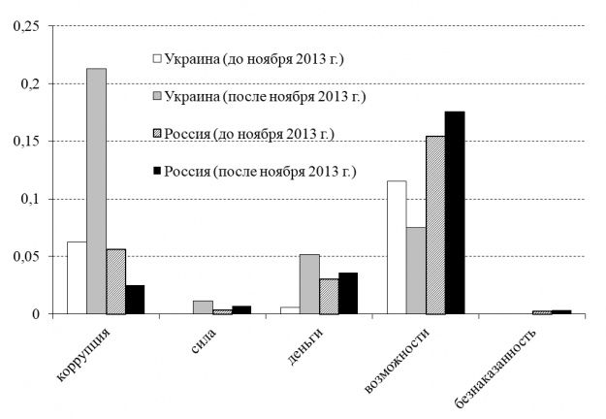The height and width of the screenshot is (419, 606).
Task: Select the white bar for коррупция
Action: [76, 277]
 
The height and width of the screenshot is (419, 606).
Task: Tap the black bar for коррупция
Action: [135, 300]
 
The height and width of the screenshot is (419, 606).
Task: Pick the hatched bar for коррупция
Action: [115, 281]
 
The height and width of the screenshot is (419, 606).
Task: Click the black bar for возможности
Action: [455, 213]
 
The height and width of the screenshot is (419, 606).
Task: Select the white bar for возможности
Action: [396, 247]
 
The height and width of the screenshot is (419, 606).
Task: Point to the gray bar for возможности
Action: [415, 271]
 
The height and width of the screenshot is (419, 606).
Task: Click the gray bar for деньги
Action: [308, 284]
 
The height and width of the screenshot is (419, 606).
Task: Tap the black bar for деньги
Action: [348, 293]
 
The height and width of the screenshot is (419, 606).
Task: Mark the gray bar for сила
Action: [202, 307]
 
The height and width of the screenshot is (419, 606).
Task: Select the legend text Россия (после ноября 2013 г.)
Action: [261, 172]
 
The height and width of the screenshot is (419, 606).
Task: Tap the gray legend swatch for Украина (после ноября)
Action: [157, 97]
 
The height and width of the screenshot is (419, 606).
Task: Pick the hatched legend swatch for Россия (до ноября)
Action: [157, 134]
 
